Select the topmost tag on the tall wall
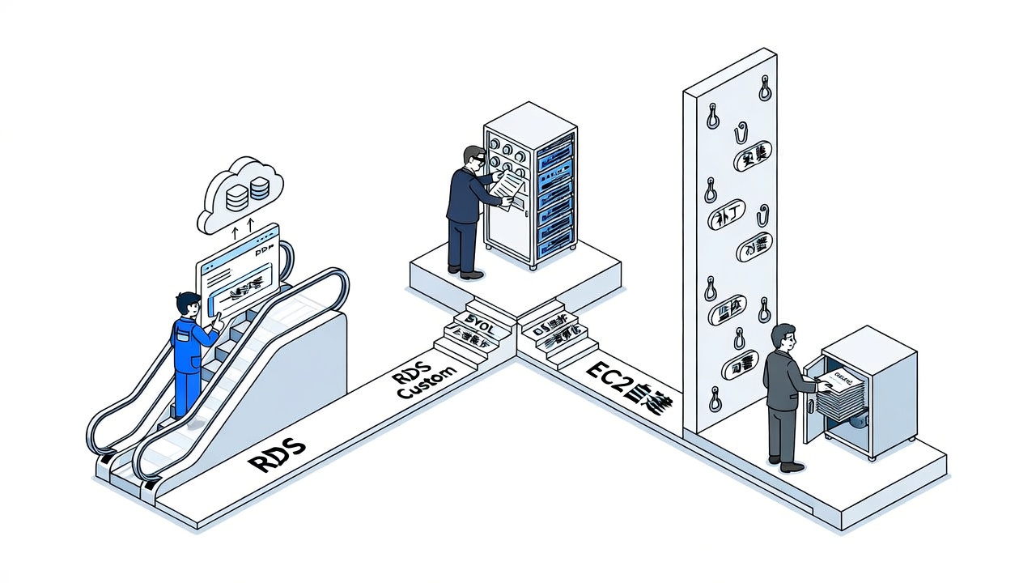click(x=752, y=156)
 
